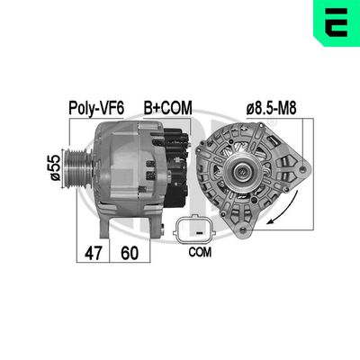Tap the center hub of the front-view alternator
click(x=245, y=174)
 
